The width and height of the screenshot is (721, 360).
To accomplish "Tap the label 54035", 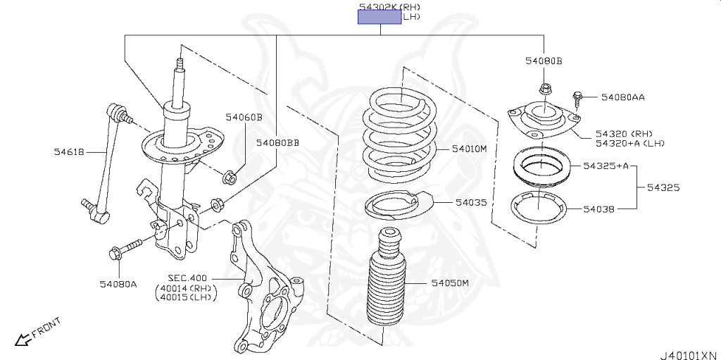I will coord(471,202).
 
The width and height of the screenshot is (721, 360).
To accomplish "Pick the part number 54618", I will coord(69,151).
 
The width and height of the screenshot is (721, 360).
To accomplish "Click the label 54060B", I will coord(244,117).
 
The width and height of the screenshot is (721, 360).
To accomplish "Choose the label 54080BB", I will coord(277,143).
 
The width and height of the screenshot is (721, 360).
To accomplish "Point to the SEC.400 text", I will coord(187,278).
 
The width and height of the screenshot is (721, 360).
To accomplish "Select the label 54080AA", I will coord(623,97).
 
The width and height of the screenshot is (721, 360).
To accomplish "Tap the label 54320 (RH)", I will coord(624,133).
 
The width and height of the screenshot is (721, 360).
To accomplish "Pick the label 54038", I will coord(598,209).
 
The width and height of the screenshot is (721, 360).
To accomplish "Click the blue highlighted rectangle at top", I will coord(380,18).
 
